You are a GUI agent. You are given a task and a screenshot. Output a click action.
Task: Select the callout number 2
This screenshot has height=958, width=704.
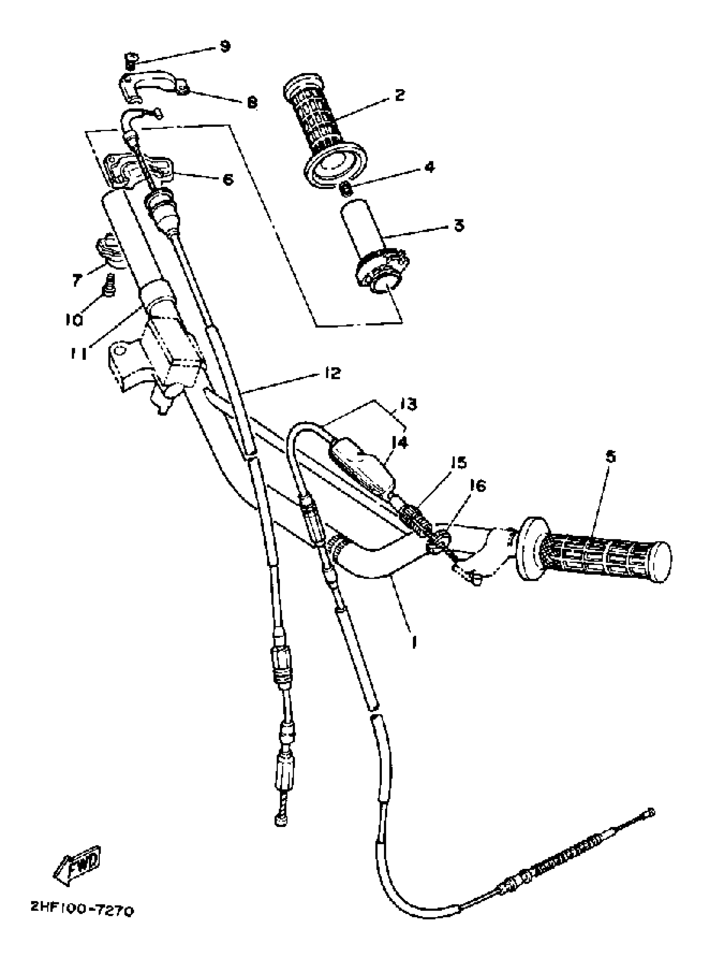[399, 95]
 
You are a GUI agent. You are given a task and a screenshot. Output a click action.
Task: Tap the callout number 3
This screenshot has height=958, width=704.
[458, 225]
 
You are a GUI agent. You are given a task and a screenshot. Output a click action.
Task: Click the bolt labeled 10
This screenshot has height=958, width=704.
[109, 285]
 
